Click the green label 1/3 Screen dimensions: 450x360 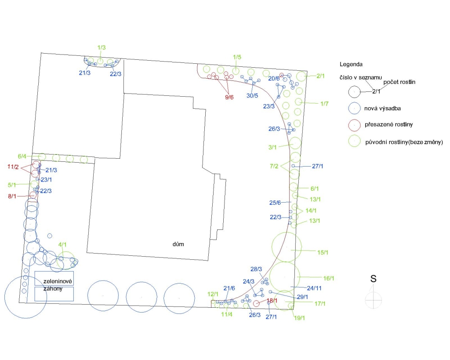pos(102,47)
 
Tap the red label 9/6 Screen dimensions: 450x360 pos(229,97)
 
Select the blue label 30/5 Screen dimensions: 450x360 pos(252,95)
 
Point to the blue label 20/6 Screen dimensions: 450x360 pos(274,78)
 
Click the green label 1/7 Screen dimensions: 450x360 pos(324,104)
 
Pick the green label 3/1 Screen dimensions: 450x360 pos(272,147)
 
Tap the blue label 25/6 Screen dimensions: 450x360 pos(275,203)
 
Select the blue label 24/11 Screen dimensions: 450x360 pos(314,288)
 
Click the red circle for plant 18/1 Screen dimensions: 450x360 pos(257,303)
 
